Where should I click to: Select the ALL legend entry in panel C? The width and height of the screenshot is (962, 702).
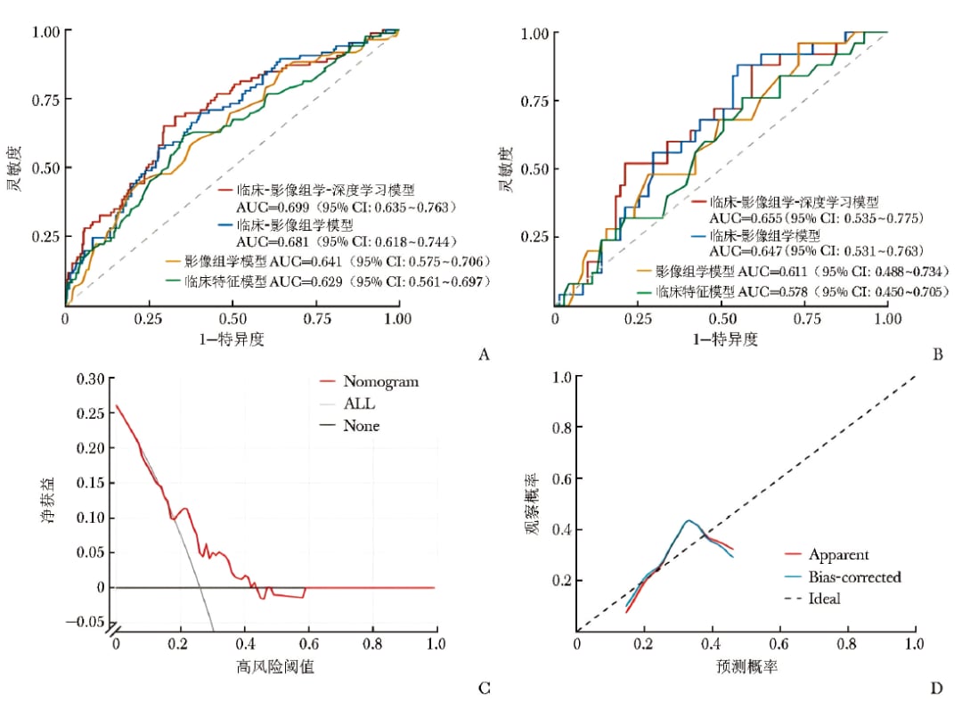coord(348,404)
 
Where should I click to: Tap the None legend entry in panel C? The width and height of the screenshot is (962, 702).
coord(350,426)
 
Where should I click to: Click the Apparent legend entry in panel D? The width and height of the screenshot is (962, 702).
coord(827,555)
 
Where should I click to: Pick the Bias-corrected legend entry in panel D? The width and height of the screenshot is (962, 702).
coord(843,576)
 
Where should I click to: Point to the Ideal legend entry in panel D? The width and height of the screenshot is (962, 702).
coord(813,599)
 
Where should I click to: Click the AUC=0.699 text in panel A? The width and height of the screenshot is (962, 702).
coord(273,208)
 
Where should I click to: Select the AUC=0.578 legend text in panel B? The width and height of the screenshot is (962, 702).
coord(772,292)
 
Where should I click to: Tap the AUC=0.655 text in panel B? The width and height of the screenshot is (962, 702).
coord(746,218)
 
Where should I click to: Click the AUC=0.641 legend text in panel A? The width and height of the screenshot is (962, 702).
coord(306,262)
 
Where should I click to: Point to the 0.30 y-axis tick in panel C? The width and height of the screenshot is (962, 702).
coord(90,379)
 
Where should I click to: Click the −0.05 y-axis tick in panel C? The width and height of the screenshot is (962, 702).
coord(85,622)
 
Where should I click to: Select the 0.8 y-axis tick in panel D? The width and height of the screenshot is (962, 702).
coord(563,427)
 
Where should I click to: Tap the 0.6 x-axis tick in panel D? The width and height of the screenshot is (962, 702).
coord(779,644)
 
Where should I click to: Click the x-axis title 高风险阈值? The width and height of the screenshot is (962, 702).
coord(275,666)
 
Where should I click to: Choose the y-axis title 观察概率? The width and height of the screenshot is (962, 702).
coord(532,504)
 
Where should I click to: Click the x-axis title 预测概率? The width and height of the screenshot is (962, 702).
coord(746,666)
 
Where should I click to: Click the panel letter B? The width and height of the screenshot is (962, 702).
coord(937,355)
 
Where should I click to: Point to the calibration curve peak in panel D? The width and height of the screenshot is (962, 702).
coord(689,521)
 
